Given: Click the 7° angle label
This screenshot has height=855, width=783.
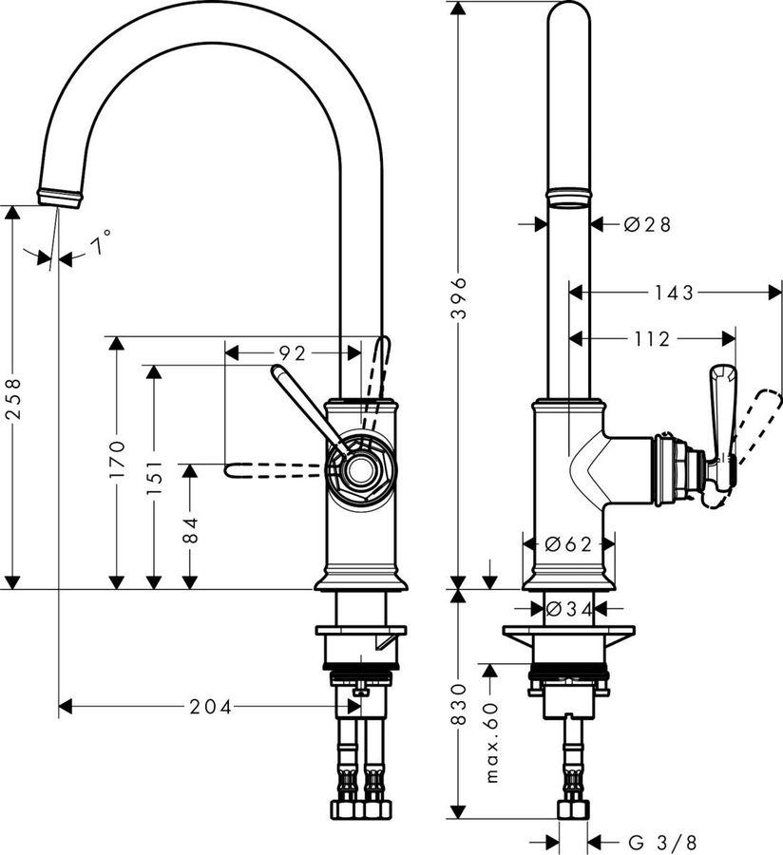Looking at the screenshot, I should [101, 245].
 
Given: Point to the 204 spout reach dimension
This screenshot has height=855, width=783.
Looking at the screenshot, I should [209, 706].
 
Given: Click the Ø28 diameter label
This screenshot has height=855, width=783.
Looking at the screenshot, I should [648, 224].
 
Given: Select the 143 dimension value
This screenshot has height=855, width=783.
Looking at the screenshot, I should [673, 294].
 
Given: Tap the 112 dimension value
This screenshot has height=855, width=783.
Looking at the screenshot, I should [652, 338].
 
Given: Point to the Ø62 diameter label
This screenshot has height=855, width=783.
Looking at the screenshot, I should [569, 543].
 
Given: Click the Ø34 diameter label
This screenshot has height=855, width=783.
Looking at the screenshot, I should [569, 608].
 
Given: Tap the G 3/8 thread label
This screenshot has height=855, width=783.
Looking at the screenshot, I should [662, 842].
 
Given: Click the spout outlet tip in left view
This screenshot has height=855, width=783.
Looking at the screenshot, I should [59, 197].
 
